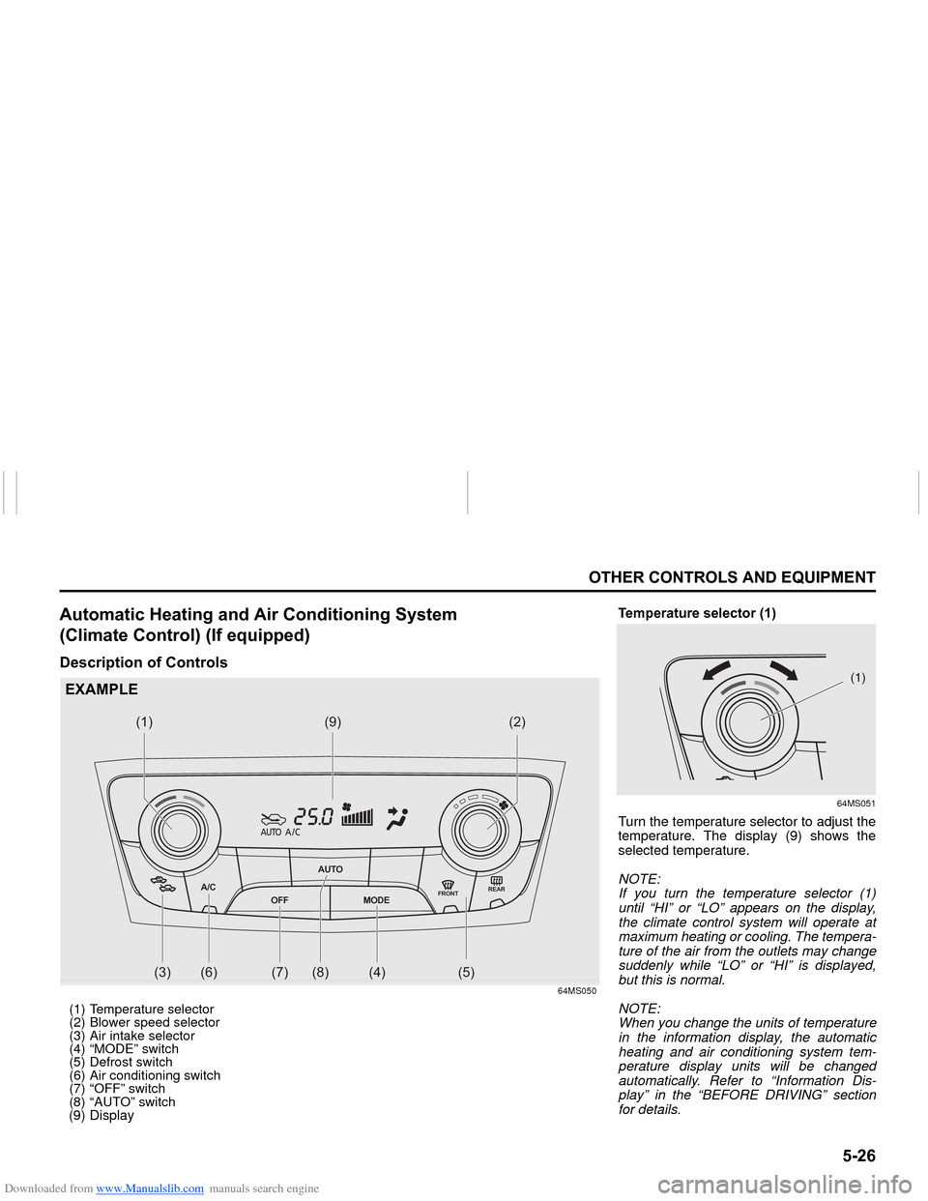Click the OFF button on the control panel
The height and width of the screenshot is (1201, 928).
279,900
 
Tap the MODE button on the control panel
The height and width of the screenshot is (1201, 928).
377,900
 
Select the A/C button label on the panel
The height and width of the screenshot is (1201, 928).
209,888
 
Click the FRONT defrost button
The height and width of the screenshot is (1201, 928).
449,888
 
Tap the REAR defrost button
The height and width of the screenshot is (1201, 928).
496,884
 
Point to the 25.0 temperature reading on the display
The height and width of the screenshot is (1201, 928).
314,817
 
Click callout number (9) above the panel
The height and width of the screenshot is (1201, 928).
333,721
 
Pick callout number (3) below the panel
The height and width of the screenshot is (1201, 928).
162,973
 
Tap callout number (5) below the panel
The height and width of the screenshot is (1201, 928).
466,973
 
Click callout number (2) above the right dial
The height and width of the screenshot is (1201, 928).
517,721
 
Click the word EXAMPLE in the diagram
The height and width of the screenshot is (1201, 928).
101,689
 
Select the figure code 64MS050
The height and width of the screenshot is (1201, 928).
577,991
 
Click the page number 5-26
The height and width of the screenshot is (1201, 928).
857,1156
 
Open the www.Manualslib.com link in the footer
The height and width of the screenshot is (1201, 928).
150,1188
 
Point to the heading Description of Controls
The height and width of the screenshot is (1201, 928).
144,662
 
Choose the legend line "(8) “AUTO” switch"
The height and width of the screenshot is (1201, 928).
123,1101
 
